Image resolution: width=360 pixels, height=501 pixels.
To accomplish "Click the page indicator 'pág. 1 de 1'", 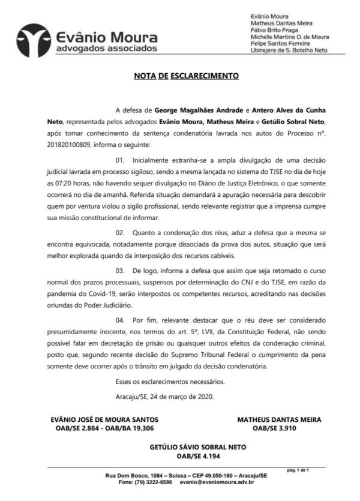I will [x=298, y=470].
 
